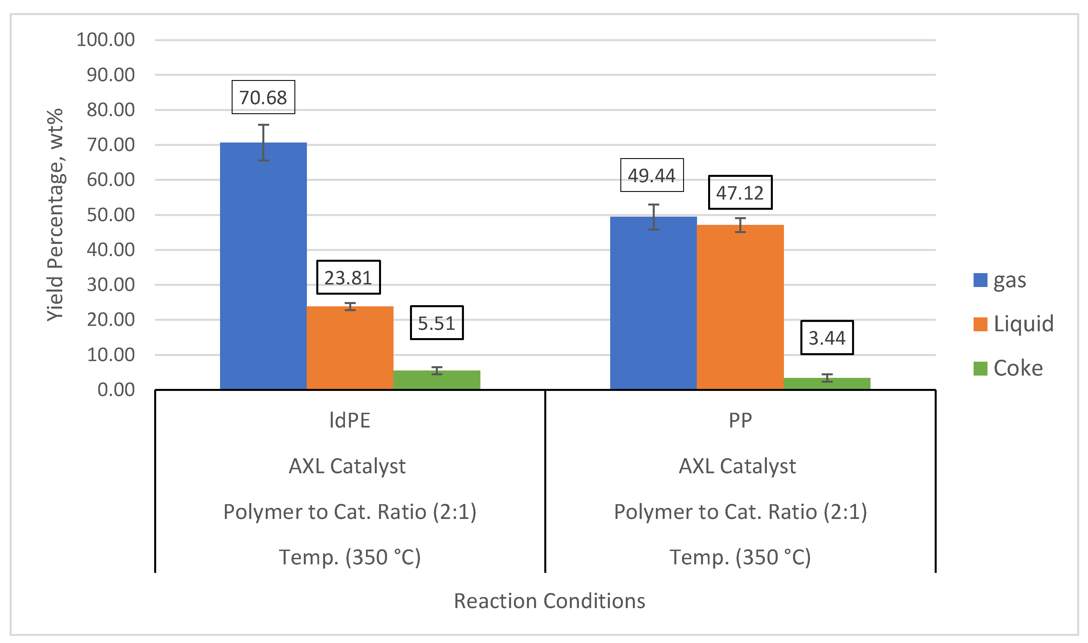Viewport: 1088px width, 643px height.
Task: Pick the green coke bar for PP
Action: point(827,384)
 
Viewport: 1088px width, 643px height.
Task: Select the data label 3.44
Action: point(827,338)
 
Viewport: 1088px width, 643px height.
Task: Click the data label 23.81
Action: point(348,278)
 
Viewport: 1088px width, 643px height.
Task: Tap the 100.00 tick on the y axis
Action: point(106,40)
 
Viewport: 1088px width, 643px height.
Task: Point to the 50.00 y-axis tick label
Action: point(111,215)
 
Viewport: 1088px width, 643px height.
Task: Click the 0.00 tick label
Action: point(116,390)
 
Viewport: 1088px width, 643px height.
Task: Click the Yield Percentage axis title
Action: point(55,215)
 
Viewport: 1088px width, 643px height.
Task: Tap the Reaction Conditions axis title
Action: point(549,601)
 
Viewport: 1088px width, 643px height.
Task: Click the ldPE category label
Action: point(350,420)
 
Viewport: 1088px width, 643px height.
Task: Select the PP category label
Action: point(740,420)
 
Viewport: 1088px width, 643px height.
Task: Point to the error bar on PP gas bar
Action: point(653,216)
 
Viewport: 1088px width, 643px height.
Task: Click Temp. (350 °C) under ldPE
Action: point(350,557)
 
